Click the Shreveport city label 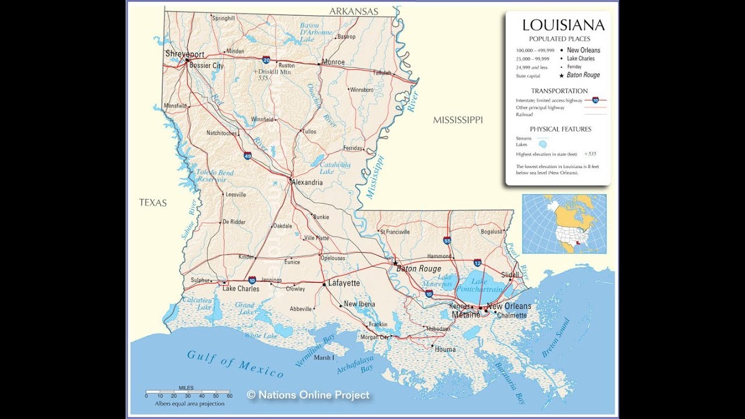click(x=185, y=54)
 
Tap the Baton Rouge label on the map click(x=418, y=269)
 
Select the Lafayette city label click(x=344, y=283)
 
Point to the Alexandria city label click(x=307, y=182)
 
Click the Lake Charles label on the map click(x=240, y=289)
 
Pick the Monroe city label click(x=333, y=62)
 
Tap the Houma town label click(x=445, y=350)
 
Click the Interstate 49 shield click(x=247, y=156)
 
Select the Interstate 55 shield click(x=447, y=240)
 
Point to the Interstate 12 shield click(x=477, y=262)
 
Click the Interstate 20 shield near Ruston click(x=266, y=60)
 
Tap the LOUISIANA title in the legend click(x=563, y=25)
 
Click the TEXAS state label click(x=152, y=203)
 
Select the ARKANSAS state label click(x=353, y=11)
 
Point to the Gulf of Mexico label click(x=235, y=364)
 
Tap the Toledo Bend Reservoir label click(x=214, y=176)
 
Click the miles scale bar click(x=189, y=394)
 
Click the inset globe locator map click(x=564, y=224)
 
